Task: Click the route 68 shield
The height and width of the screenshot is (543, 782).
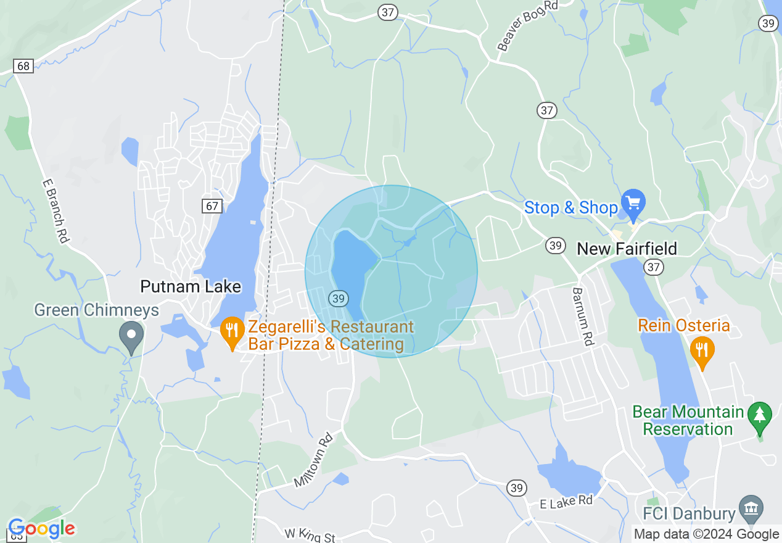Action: tap(23, 66)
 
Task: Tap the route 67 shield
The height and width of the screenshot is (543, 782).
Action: tap(212, 205)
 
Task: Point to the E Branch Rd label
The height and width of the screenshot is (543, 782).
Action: tap(56, 211)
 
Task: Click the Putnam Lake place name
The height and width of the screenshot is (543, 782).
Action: tap(191, 286)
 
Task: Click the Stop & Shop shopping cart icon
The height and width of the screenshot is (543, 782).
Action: tap(633, 203)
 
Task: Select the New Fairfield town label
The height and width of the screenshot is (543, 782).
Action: tap(627, 249)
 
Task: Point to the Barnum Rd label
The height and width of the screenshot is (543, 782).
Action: tap(583, 317)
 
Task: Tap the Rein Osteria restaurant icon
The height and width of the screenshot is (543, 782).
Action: tap(702, 350)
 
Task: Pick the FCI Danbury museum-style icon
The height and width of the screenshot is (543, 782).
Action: tap(751, 508)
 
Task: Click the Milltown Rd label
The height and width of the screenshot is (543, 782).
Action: tap(313, 460)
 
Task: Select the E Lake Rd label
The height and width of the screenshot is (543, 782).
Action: tap(566, 501)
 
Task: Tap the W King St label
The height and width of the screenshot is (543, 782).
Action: tap(310, 534)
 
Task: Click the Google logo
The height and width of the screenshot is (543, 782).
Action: tap(41, 529)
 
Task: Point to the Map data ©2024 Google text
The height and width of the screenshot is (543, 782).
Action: tap(706, 534)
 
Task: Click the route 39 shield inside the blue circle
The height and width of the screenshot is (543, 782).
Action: tap(337, 298)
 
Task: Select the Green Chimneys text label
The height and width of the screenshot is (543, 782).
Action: tap(97, 310)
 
